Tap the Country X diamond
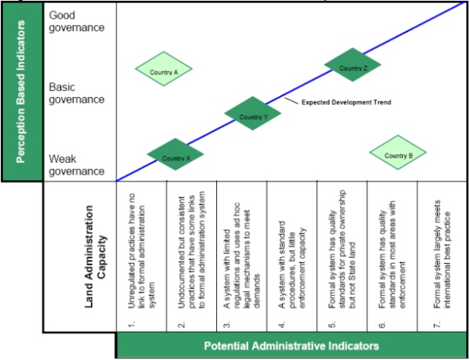click(175, 157)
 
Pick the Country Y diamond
click(252, 115)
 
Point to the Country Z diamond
click(352, 67)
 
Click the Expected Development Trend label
click(346, 103)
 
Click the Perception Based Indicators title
click(22, 92)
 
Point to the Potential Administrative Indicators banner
click(293, 345)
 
